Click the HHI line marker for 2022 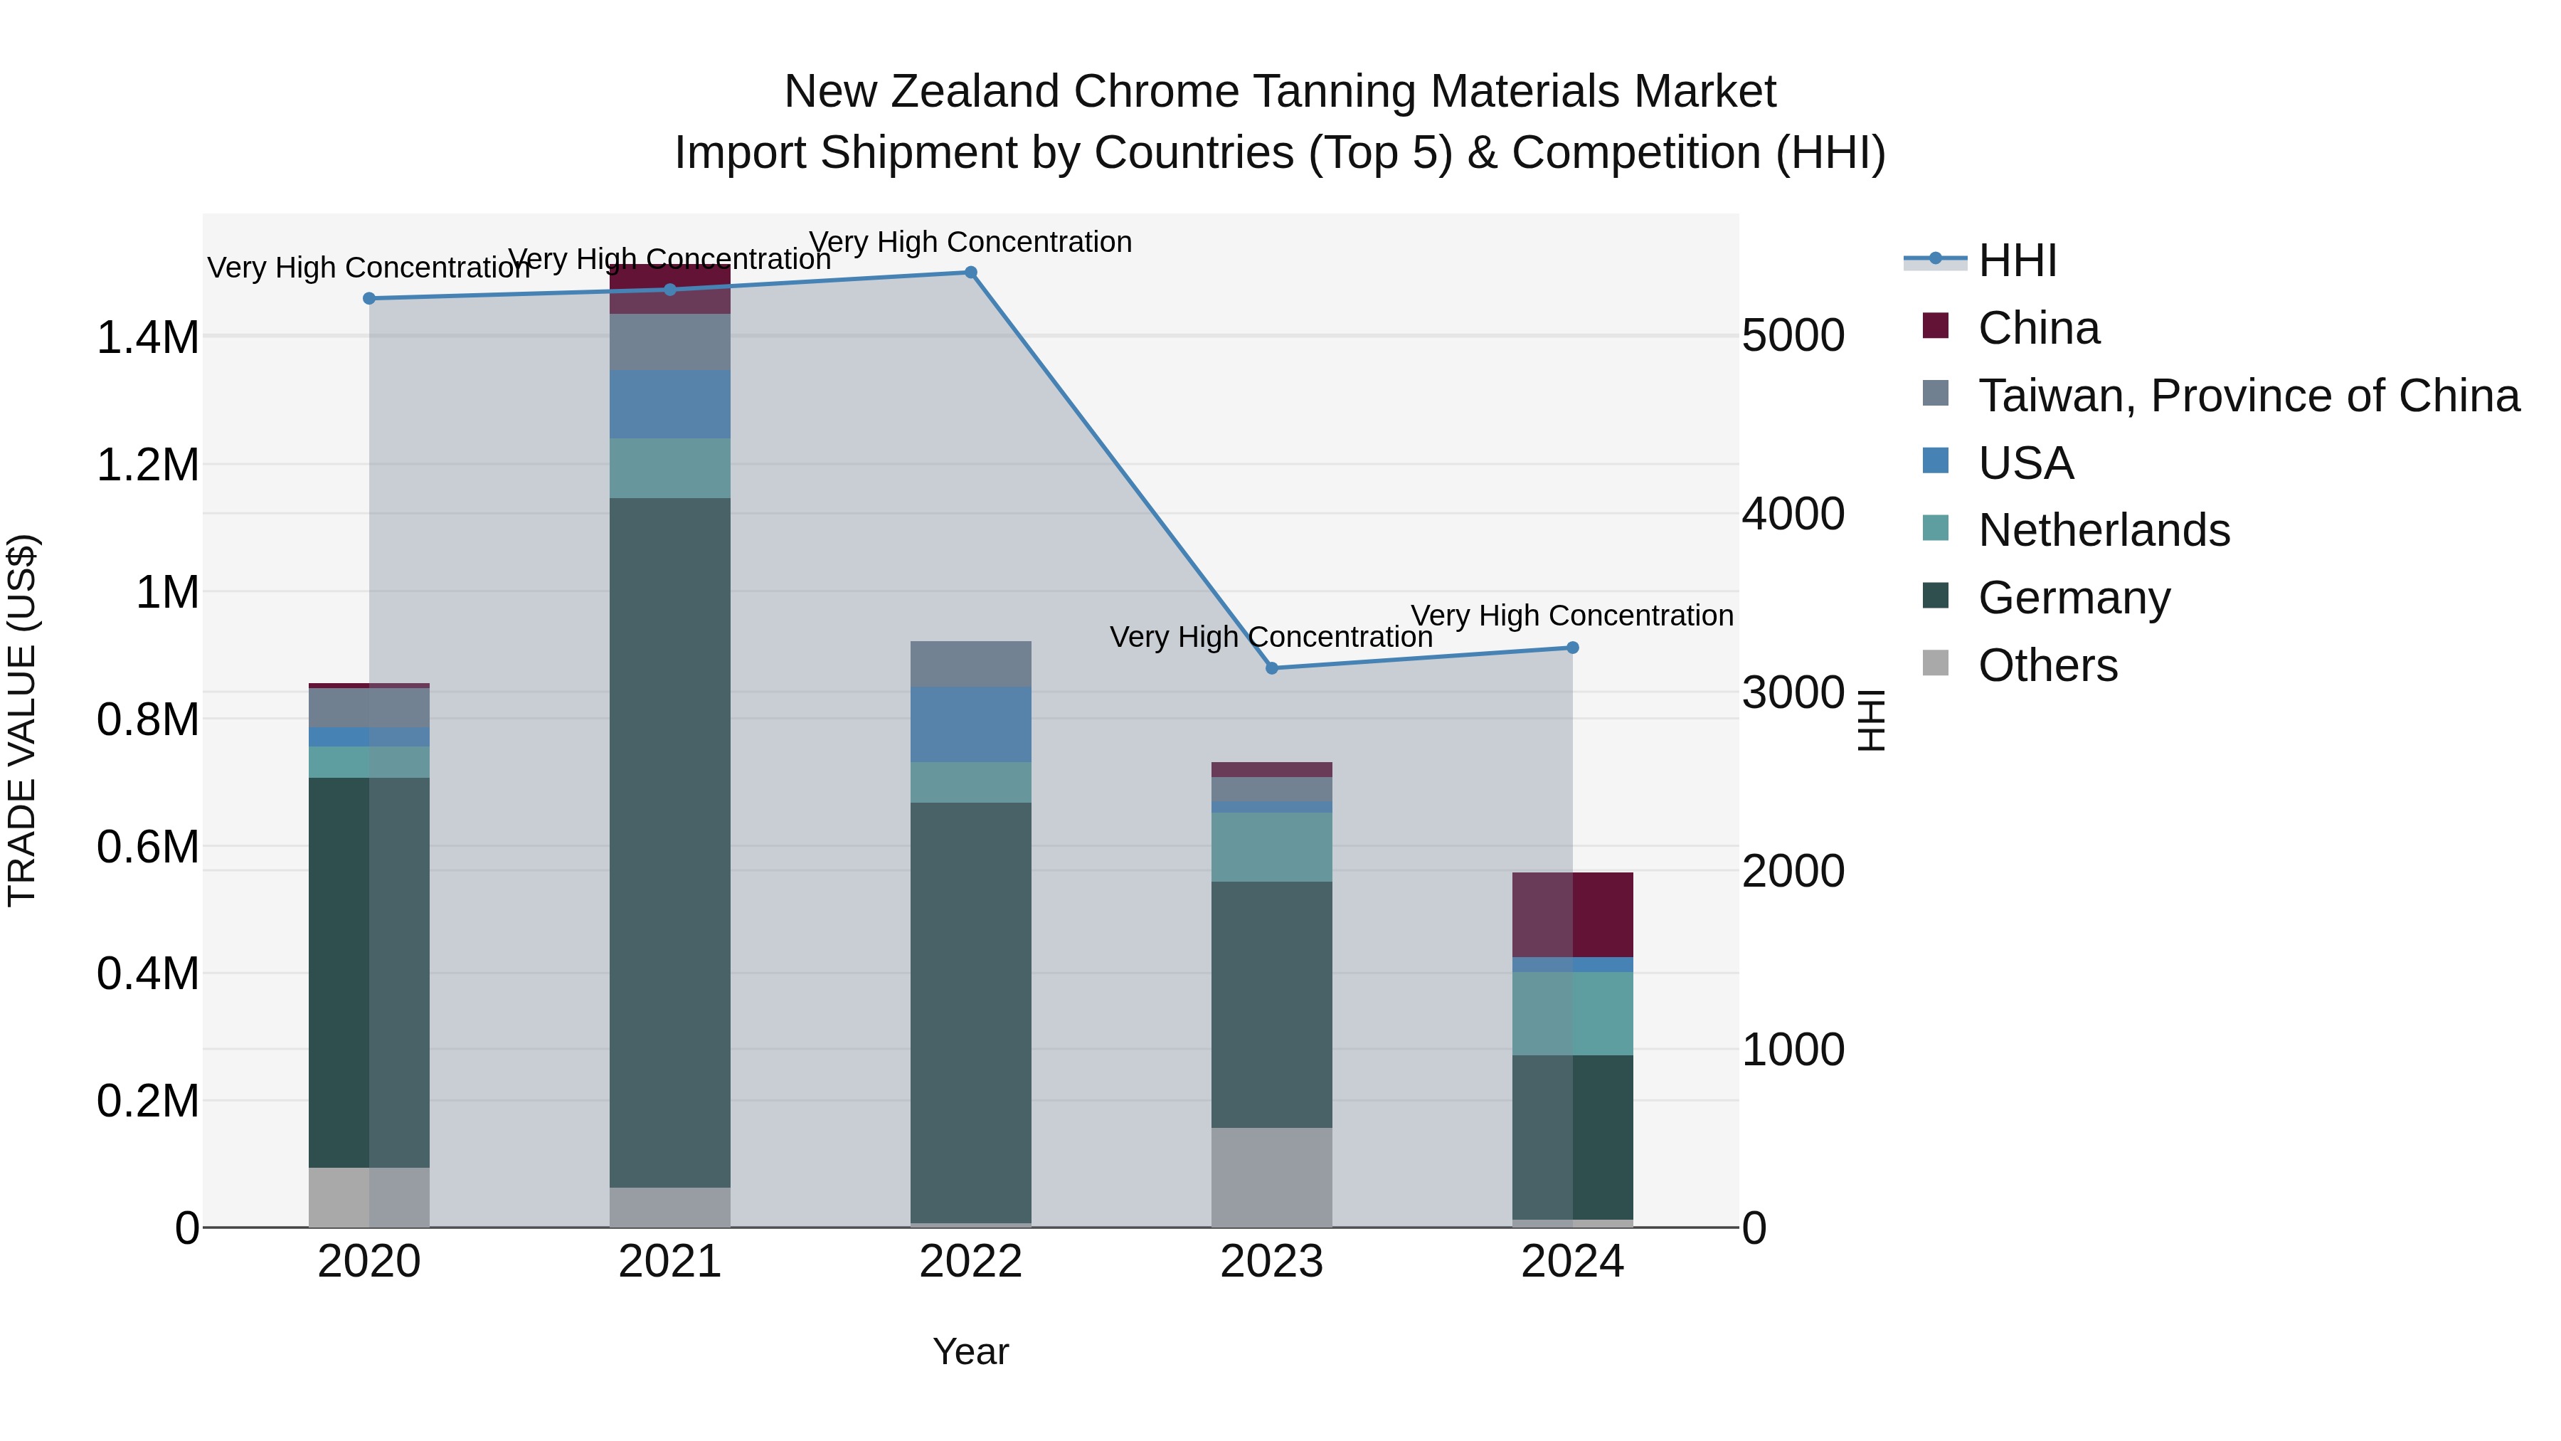[970, 273]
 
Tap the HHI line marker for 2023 [1271, 668]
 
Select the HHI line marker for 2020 [368, 298]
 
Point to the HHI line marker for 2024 [1571, 648]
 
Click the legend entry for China [2038, 328]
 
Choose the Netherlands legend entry [2103, 530]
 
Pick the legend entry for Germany [2073, 598]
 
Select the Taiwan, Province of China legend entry [2248, 396]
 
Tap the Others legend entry [2047, 665]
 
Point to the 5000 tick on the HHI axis [1793, 336]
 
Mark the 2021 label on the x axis [669, 1262]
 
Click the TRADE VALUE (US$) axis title [22, 720]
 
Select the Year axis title [970, 1351]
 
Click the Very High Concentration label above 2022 [970, 242]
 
